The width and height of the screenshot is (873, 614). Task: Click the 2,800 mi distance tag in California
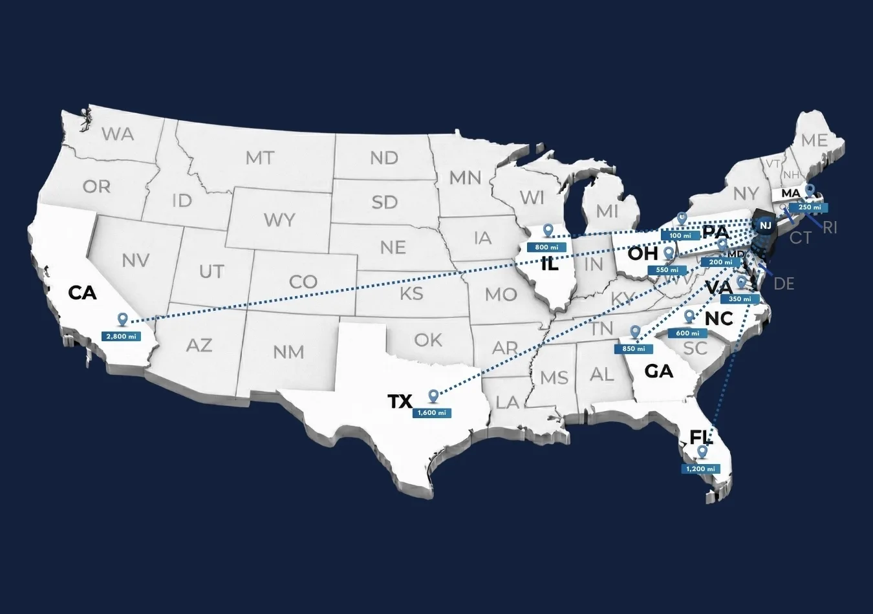pos(121,337)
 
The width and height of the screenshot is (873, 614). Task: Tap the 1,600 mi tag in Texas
pos(431,412)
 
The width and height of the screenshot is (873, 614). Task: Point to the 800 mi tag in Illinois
pos(546,247)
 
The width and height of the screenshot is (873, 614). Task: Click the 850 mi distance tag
pos(633,348)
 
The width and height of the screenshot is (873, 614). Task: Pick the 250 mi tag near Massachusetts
pos(809,207)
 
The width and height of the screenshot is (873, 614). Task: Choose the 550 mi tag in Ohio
pos(667,270)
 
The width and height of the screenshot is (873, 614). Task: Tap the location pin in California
pos(122,319)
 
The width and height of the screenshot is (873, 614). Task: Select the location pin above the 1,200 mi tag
pos(702,452)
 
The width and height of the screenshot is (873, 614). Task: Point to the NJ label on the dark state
pos(766,226)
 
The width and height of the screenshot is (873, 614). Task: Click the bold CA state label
pos(82,293)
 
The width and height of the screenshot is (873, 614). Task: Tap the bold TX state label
pos(400,401)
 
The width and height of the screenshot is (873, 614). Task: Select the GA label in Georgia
pos(658,371)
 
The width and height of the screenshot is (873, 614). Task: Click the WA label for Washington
pos(118,134)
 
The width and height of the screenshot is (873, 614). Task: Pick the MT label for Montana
pos(259,158)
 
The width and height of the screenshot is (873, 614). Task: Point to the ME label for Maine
pos(814,140)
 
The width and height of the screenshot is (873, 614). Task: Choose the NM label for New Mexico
pos(288,352)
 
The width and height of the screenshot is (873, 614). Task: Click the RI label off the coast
pos(830,228)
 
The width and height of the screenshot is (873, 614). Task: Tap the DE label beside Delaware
pos(784,283)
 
